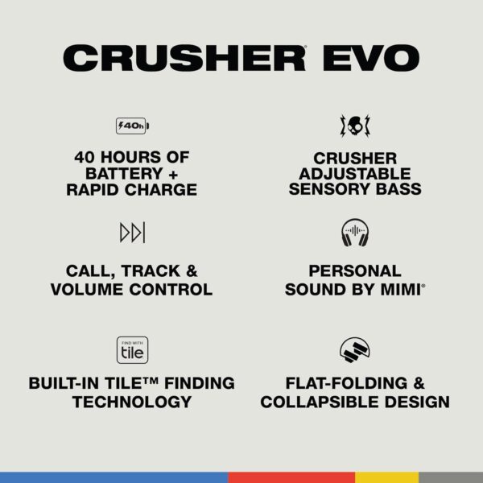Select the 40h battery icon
[133, 126]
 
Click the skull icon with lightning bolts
[354, 126]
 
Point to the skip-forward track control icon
[133, 233]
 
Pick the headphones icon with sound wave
[354, 233]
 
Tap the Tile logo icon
[133, 349]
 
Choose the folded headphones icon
[354, 349]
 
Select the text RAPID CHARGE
[133, 190]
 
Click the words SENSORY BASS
[354, 190]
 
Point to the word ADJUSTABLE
[354, 174]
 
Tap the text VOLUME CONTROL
[133, 289]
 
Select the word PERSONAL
[354, 271]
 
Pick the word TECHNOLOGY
[133, 401]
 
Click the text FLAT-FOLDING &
[354, 383]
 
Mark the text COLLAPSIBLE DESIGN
[354, 401]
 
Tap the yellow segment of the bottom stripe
[386, 477]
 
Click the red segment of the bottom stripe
[291, 477]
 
